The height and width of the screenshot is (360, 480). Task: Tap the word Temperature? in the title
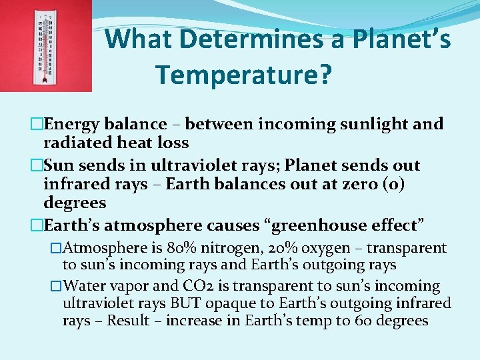243,75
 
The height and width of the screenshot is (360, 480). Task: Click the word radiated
75,143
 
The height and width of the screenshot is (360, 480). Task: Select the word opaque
227,304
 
